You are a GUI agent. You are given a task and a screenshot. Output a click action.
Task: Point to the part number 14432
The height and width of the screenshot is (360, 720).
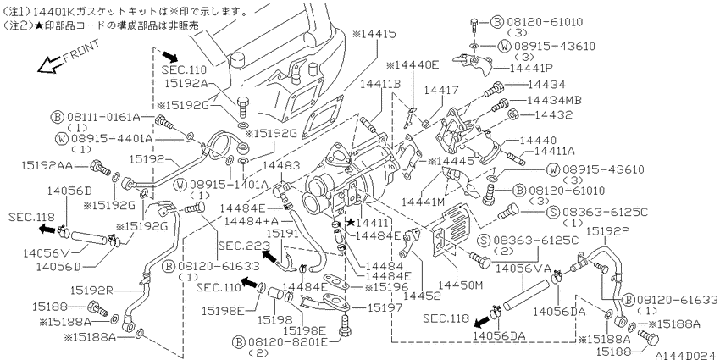[550, 114]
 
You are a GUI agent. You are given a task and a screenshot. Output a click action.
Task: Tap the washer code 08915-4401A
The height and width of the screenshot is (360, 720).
[105, 138]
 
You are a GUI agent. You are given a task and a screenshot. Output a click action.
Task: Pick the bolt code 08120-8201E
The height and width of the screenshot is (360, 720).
[288, 341]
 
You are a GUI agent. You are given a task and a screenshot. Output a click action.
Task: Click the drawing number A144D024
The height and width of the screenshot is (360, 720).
[687, 355]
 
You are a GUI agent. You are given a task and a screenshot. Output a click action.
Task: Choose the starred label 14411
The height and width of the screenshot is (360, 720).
[368, 223]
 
